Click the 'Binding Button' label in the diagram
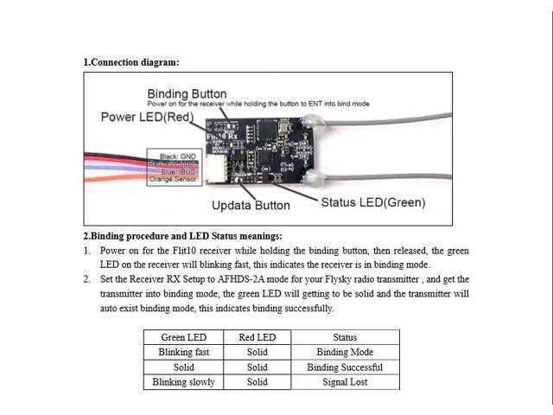[x=187, y=93]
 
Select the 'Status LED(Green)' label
[x=373, y=203]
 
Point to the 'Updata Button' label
[x=251, y=206]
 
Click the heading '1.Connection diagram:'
[x=131, y=62]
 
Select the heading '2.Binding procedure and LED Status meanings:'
[x=182, y=235]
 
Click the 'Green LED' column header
[x=183, y=337]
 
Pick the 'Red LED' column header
[x=257, y=337]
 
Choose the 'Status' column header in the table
[x=345, y=337]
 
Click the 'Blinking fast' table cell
[x=183, y=352]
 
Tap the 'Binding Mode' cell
[x=345, y=352]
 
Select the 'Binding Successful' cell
[x=345, y=367]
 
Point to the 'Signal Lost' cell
[x=345, y=381]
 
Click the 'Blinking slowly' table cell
[x=183, y=381]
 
